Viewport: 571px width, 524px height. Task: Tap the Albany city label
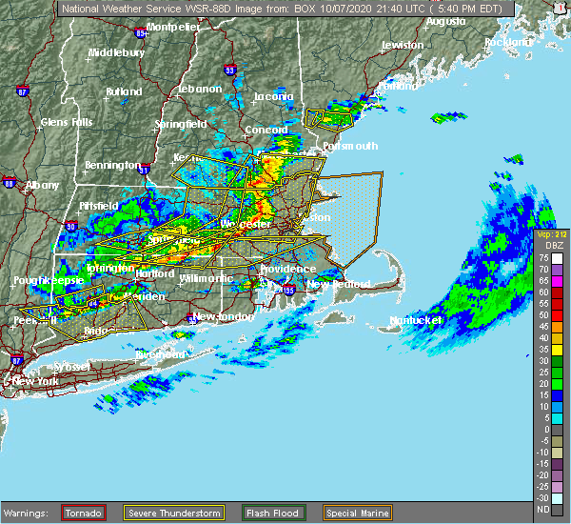[x=40, y=184]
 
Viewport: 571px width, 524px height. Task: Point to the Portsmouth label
[x=350, y=146]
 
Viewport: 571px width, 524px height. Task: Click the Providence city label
[x=288, y=269]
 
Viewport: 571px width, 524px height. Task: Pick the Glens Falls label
[x=66, y=122]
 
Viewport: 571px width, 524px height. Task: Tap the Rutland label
[x=124, y=92]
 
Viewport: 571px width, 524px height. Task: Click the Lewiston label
[x=403, y=45]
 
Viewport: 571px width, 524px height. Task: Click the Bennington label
[x=112, y=165]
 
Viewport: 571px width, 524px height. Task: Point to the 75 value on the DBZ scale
[x=541, y=257]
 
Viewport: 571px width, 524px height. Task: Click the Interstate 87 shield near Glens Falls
[x=22, y=92]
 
